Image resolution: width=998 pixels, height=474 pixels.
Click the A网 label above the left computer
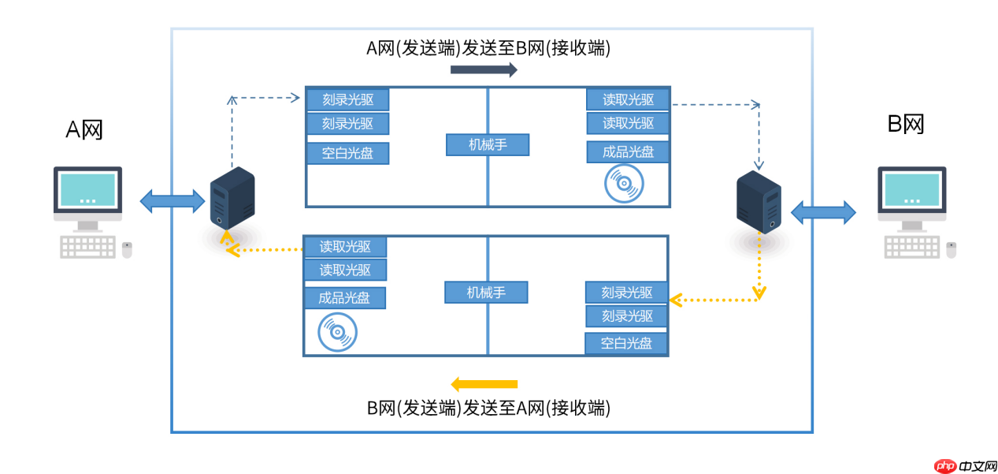tap(84, 128)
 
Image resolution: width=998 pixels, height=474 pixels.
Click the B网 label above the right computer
tap(906, 124)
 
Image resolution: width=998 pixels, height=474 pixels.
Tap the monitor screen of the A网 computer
tap(87, 189)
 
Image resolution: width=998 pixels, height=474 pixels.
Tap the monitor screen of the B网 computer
tap(911, 189)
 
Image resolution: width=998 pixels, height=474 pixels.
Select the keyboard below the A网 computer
tap(87, 247)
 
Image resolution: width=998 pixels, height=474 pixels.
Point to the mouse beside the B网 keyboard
tap(951, 250)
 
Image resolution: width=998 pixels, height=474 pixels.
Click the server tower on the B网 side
tap(759, 203)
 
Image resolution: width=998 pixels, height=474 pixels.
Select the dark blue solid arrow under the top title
tap(484, 70)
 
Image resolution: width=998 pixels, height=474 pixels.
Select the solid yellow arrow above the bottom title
tap(484, 384)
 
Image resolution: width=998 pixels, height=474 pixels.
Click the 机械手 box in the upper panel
tap(487, 145)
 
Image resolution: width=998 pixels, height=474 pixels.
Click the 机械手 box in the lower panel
tap(485, 293)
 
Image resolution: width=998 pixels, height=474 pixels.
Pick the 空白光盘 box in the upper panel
tap(347, 153)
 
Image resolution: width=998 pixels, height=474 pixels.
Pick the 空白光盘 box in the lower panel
tap(626, 344)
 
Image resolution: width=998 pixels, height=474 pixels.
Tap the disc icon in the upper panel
tap(623, 185)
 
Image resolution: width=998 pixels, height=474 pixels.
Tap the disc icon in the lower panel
tap(337, 331)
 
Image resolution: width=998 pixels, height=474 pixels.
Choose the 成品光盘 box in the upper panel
tap(628, 152)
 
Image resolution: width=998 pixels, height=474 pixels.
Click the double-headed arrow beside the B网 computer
tap(823, 212)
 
